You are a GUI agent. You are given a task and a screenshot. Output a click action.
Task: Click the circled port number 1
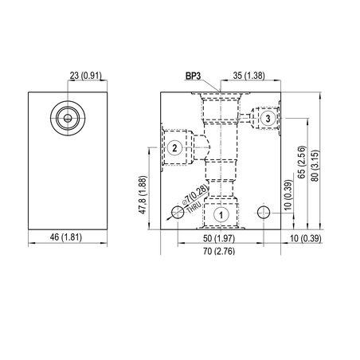pos(221,215)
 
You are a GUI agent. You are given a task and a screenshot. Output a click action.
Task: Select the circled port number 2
pos(174,148)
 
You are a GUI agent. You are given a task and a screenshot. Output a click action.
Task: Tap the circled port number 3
pos(268,118)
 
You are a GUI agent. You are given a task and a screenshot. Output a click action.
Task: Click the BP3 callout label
pos(193,76)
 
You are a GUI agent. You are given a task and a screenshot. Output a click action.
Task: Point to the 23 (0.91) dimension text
pos(86,76)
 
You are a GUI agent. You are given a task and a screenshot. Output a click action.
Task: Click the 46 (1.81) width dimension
pos(66,237)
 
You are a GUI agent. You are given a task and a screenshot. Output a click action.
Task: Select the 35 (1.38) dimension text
pos(249,76)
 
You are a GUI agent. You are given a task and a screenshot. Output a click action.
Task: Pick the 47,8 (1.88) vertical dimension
pos(143,195)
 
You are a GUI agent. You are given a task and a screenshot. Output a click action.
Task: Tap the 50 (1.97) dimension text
pos(219,238)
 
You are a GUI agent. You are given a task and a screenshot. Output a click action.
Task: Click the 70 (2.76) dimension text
pos(219,251)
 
